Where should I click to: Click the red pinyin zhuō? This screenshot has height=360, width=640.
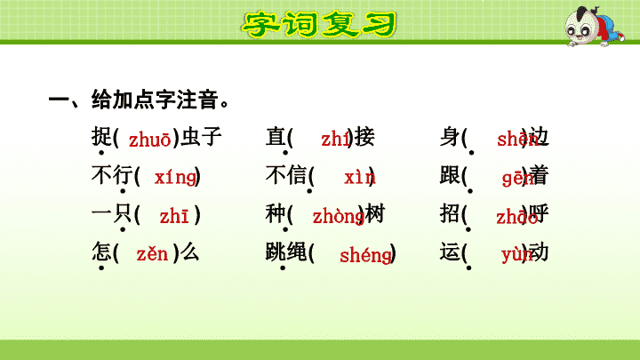pos(150,140)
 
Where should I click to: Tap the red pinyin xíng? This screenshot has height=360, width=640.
pos(175,178)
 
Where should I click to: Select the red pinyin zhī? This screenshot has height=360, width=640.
pos(174,216)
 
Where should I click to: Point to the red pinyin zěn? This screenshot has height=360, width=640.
pos(152,254)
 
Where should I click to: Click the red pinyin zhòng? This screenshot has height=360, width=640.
pos(339,216)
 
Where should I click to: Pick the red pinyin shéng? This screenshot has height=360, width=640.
pos(365,255)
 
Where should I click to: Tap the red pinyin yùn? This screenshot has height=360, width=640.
pos(517,255)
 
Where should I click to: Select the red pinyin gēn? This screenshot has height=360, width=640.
pos(518,179)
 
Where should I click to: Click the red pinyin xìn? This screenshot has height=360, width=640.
pos(360,178)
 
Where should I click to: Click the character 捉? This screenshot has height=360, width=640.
pos(101,136)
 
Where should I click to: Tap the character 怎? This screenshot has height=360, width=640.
pos(101,252)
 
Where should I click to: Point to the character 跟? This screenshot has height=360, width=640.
pos(450,175)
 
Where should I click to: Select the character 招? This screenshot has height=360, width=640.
pos(450,213)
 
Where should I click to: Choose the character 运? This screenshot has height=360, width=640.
pos(450,252)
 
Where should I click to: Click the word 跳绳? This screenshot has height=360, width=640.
pos(286,252)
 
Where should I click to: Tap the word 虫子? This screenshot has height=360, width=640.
pos(201,136)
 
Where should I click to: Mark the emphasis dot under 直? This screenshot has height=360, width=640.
pos(285,153)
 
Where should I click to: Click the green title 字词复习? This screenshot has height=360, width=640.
pos(319,24)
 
